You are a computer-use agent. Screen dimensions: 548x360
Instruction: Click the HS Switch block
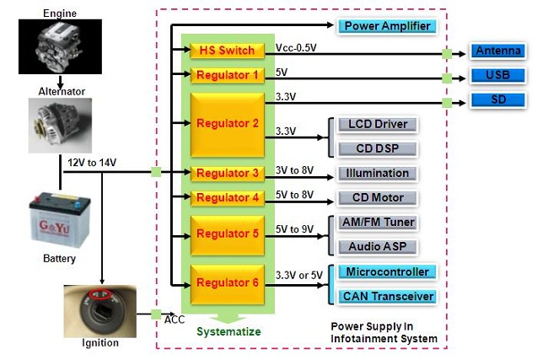click(x=227, y=51)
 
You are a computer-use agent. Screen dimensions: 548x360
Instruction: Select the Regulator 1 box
click(x=227, y=76)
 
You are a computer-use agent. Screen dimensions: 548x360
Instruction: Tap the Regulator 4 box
click(x=227, y=198)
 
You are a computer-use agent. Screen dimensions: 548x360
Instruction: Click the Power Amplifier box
click(x=387, y=26)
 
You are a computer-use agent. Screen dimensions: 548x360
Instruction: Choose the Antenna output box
click(x=498, y=51)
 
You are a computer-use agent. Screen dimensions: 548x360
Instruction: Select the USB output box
click(x=498, y=76)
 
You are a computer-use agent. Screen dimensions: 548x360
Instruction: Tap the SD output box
click(x=498, y=100)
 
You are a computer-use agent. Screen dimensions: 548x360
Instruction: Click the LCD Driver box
click(x=378, y=125)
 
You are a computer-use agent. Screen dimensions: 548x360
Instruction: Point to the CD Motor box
click(x=378, y=198)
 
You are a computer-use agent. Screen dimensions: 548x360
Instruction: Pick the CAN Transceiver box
click(x=387, y=297)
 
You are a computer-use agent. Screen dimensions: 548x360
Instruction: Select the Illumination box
click(x=378, y=174)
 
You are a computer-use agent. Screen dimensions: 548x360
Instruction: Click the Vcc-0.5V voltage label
click(x=296, y=48)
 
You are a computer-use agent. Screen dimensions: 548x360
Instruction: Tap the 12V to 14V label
click(x=92, y=163)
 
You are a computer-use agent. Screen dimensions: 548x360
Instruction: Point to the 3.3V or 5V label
click(x=298, y=276)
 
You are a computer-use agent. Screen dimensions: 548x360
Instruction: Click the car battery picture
click(x=60, y=221)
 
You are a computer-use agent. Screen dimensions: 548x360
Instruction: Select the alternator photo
click(x=60, y=125)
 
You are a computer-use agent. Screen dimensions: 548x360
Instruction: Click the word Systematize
click(x=228, y=331)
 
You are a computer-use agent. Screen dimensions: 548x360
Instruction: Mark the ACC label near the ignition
click(x=175, y=320)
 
